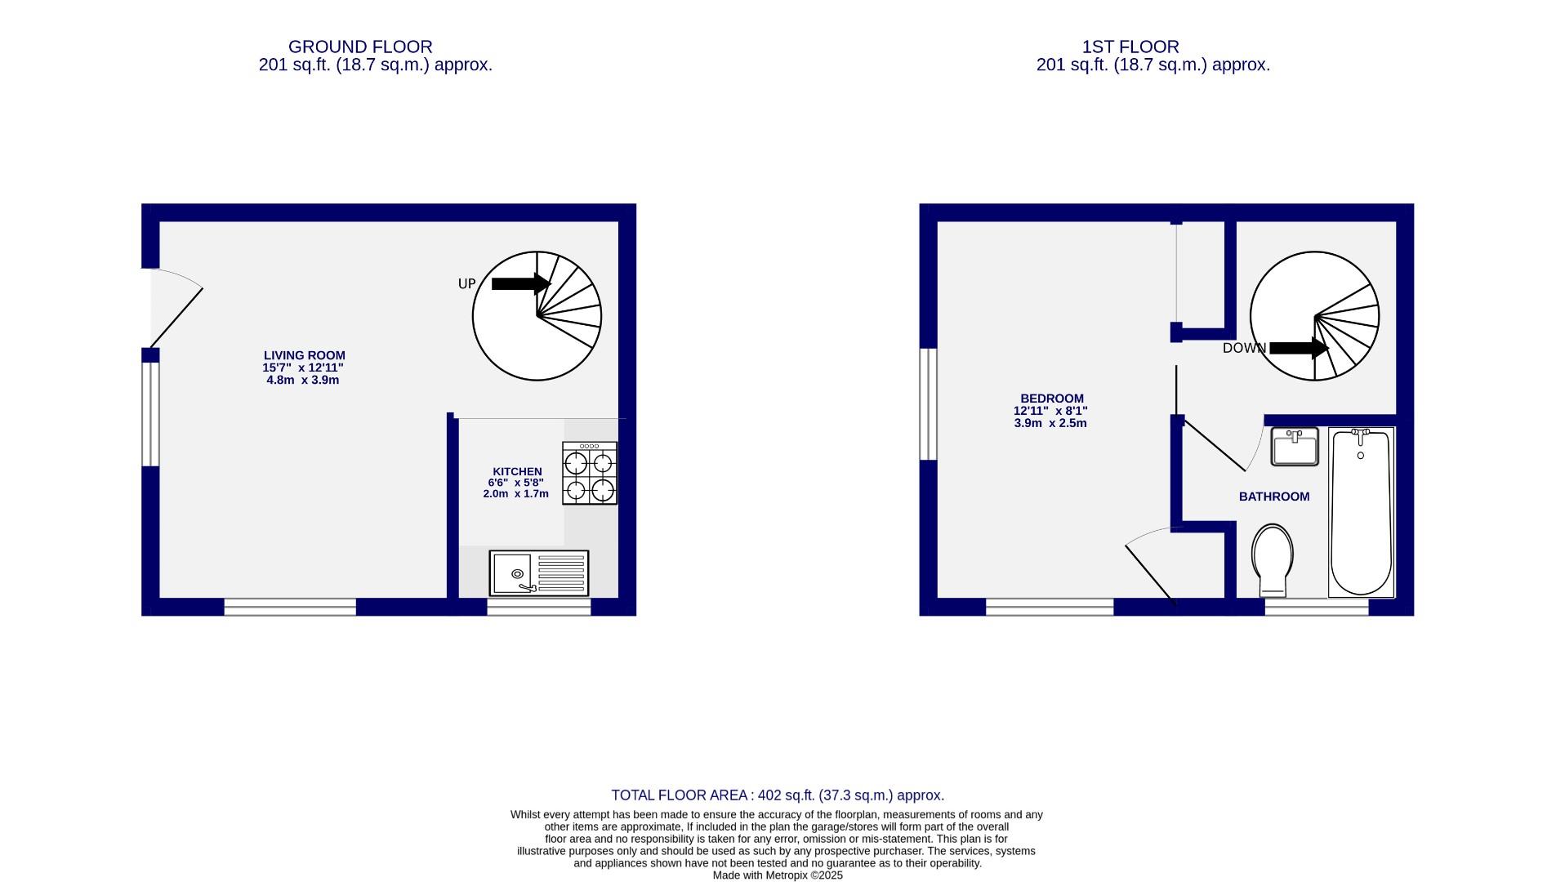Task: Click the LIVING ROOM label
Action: [304, 355]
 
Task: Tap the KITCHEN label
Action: [517, 471]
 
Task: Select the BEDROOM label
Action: [1051, 399]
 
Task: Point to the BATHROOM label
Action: [1273, 497]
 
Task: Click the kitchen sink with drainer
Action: [538, 572]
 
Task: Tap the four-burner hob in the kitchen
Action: [589, 473]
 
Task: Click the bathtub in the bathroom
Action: [1361, 511]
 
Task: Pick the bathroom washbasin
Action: [1294, 447]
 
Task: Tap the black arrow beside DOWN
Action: [1298, 348]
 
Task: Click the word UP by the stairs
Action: [466, 284]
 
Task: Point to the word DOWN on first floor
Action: [1243, 349]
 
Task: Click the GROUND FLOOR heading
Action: [360, 47]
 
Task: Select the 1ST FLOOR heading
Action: [1130, 47]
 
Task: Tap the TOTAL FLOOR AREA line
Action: [778, 795]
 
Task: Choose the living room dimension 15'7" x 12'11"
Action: [302, 367]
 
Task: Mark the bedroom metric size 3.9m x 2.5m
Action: [1050, 423]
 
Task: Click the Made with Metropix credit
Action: [778, 875]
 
